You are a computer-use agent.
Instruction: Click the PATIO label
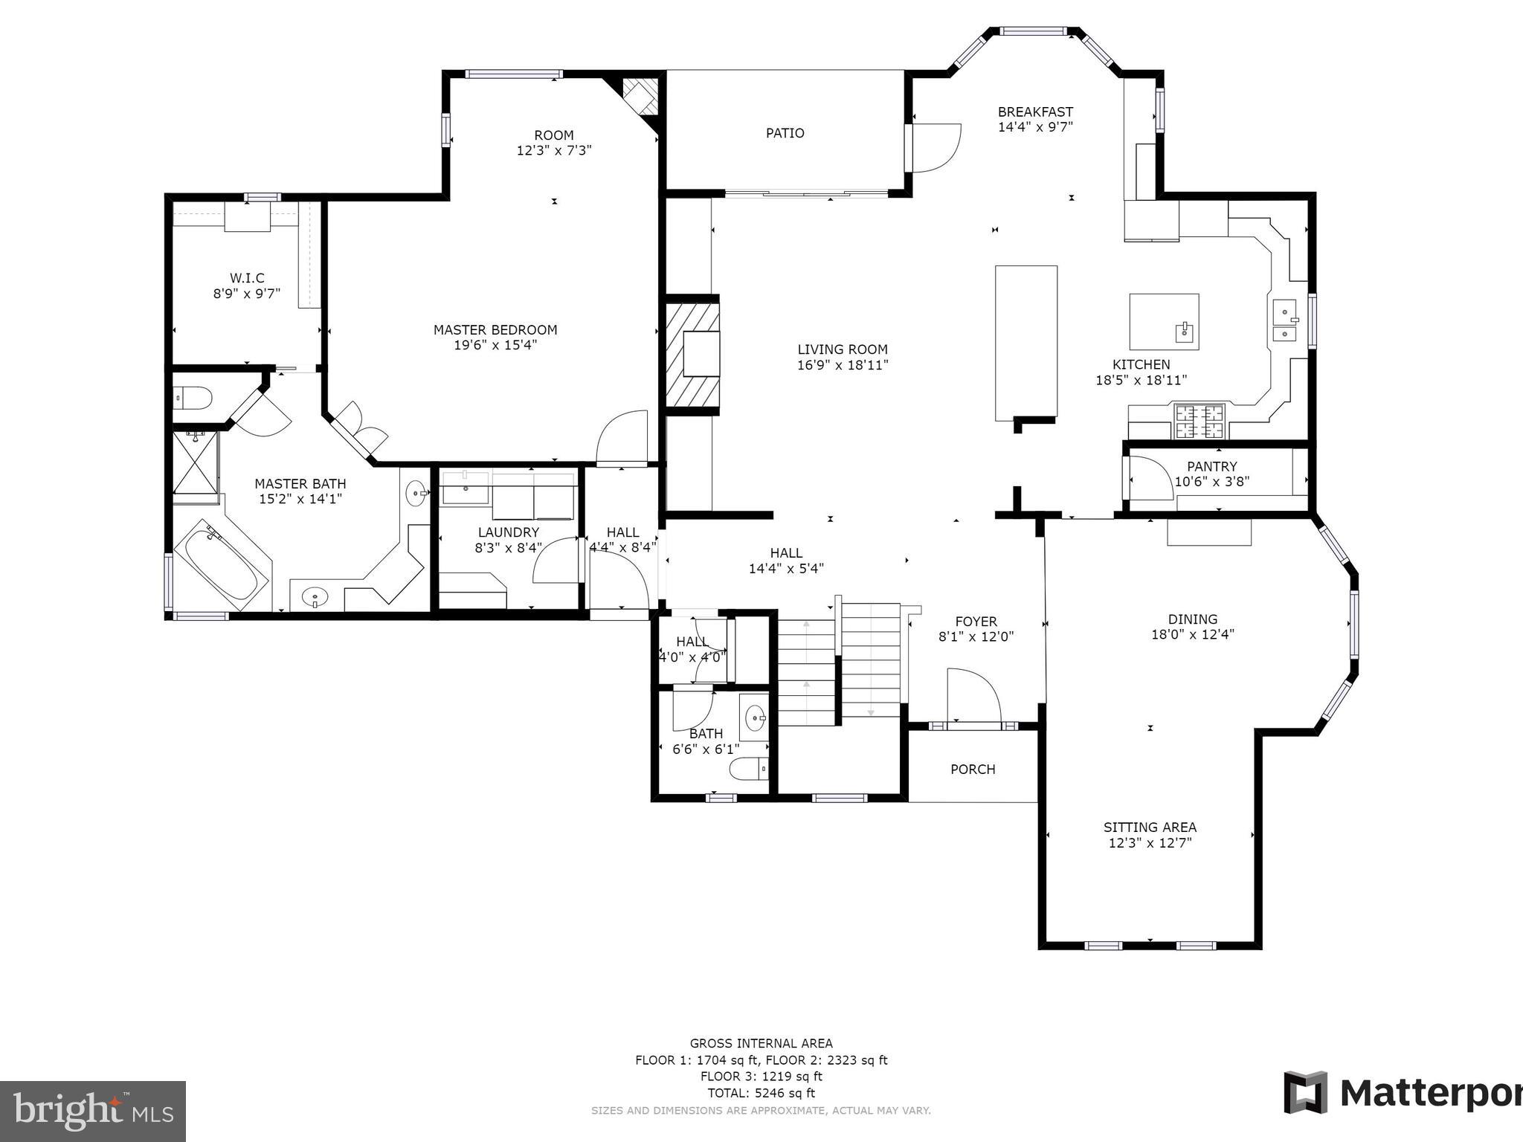[785, 133]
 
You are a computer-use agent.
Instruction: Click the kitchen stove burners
[1199, 421]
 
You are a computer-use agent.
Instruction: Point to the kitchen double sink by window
[1284, 320]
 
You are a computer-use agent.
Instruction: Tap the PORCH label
[972, 770]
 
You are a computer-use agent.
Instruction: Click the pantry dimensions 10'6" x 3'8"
[1211, 481]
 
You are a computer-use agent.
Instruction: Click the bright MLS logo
[93, 1112]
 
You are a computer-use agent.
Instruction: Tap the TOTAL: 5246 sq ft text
[761, 1093]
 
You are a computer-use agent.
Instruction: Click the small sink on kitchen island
[1183, 332]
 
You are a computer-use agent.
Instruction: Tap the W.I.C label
[246, 278]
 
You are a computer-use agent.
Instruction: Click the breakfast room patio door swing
[936, 149]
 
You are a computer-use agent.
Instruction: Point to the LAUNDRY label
[508, 532]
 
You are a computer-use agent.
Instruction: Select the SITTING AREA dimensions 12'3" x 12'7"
[1150, 843]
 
